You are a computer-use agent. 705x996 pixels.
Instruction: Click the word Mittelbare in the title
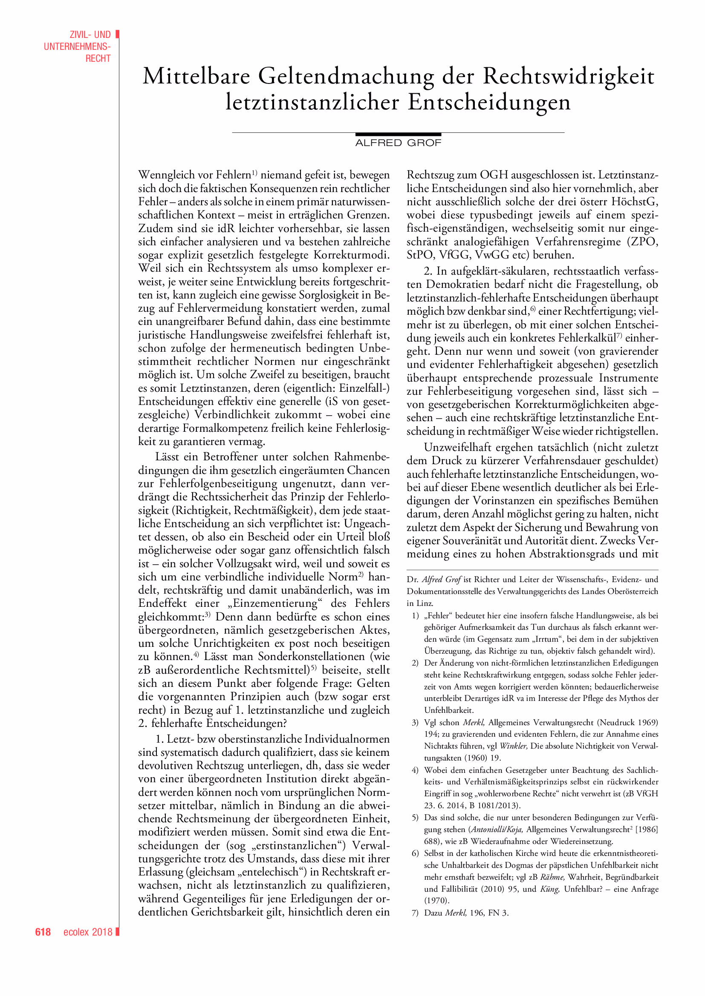tap(196, 76)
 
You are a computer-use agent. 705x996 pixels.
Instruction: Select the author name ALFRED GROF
tap(398, 143)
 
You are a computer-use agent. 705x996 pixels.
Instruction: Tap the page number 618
tap(43, 932)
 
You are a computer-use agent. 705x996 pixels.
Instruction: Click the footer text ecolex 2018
tap(88, 932)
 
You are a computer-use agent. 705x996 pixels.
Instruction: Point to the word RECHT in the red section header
tap(98, 59)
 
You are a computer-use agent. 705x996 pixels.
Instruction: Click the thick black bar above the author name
tap(398, 135)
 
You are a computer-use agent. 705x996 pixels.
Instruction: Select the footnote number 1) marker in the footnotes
tap(415, 616)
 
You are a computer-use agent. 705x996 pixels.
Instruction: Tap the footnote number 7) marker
tap(415, 913)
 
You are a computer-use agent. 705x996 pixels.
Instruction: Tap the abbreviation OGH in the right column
tap(494, 175)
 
